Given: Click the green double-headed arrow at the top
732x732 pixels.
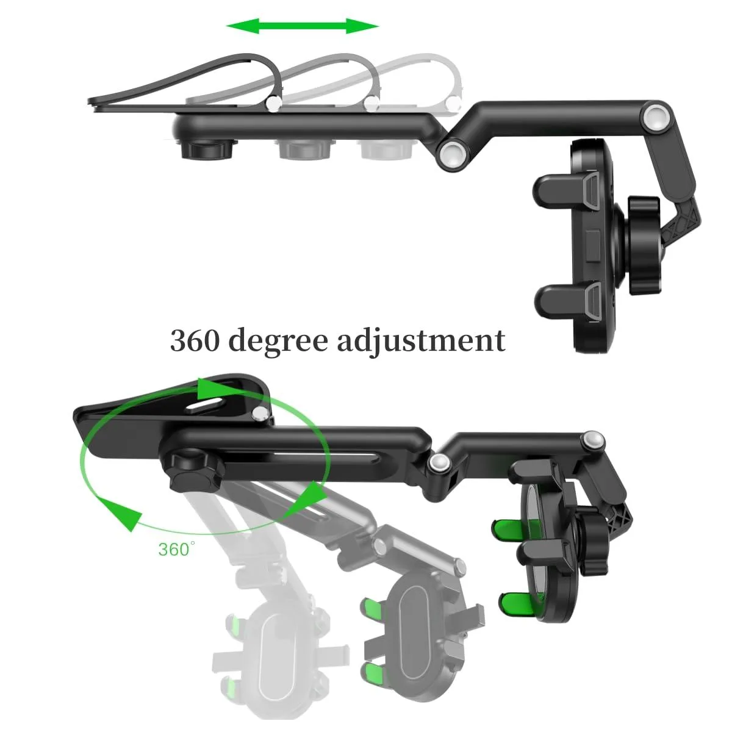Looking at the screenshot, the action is click(x=303, y=26).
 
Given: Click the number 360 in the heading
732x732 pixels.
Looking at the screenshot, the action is click(x=195, y=340).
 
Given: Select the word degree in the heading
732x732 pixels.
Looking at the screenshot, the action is click(x=278, y=341).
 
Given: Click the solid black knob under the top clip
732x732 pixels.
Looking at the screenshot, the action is click(x=206, y=149).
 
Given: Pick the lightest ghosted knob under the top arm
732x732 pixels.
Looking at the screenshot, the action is click(x=386, y=149).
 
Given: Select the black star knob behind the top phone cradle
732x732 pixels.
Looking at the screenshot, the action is click(x=644, y=245).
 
